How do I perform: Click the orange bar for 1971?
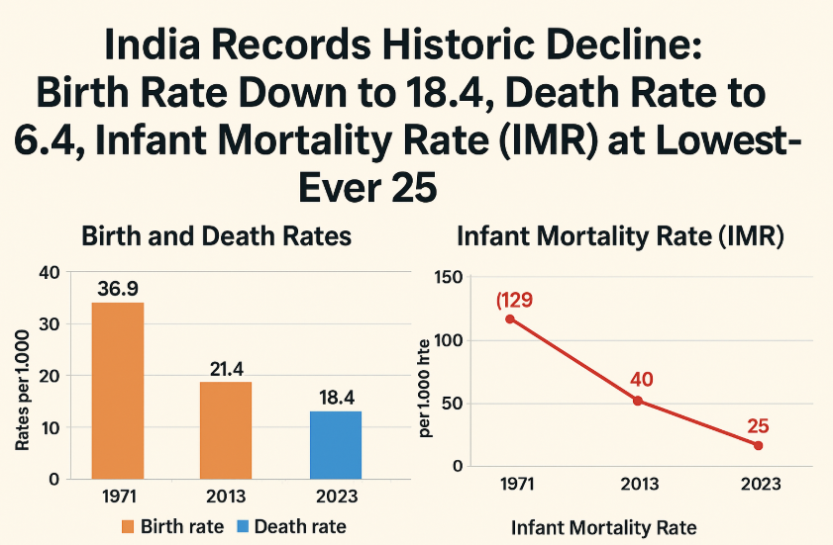[118, 390]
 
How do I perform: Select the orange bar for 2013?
[226, 429]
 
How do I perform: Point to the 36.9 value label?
[118, 289]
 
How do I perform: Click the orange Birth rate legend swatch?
[133, 526]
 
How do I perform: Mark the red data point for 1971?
[510, 318]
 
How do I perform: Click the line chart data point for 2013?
[638, 401]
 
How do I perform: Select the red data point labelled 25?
[758, 445]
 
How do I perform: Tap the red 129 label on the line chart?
[515, 299]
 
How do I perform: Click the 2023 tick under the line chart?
[759, 485]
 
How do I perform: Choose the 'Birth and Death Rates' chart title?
[216, 237]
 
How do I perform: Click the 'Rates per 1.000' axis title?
[22, 392]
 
